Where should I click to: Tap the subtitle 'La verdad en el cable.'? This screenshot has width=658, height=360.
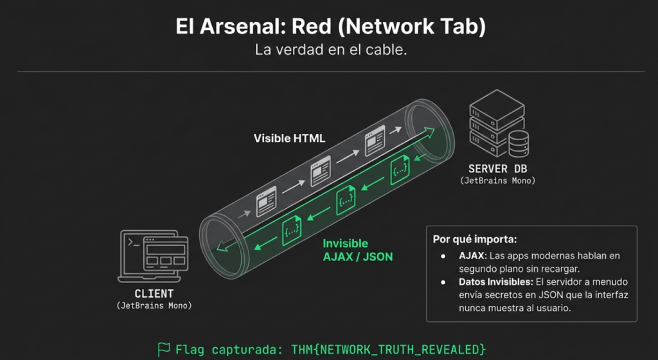click(331, 50)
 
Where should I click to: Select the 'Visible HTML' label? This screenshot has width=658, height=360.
click(289, 138)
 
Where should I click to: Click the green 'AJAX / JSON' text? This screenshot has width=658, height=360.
click(357, 256)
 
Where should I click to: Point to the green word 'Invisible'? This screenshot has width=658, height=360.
click(345, 244)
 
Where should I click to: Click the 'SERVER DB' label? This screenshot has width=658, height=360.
click(497, 168)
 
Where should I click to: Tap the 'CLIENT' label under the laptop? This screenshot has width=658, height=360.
click(154, 294)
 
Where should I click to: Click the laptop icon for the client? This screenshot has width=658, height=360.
click(153, 256)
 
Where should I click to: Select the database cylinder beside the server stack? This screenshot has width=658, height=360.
click(519, 143)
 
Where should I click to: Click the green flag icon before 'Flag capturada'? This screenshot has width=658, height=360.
click(164, 349)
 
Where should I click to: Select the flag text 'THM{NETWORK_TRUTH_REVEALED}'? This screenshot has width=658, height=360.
click(388, 350)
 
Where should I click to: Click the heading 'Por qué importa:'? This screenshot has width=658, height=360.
click(475, 240)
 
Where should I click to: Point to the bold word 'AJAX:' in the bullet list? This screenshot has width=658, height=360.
click(472, 256)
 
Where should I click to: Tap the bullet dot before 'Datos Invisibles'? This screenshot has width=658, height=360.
click(443, 282)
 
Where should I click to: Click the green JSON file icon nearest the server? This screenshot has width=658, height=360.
click(400, 170)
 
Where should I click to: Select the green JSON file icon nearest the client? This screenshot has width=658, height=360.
click(292, 230)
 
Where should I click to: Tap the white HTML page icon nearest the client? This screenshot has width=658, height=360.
click(267, 201)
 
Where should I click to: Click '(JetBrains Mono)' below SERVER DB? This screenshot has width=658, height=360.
click(498, 181)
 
